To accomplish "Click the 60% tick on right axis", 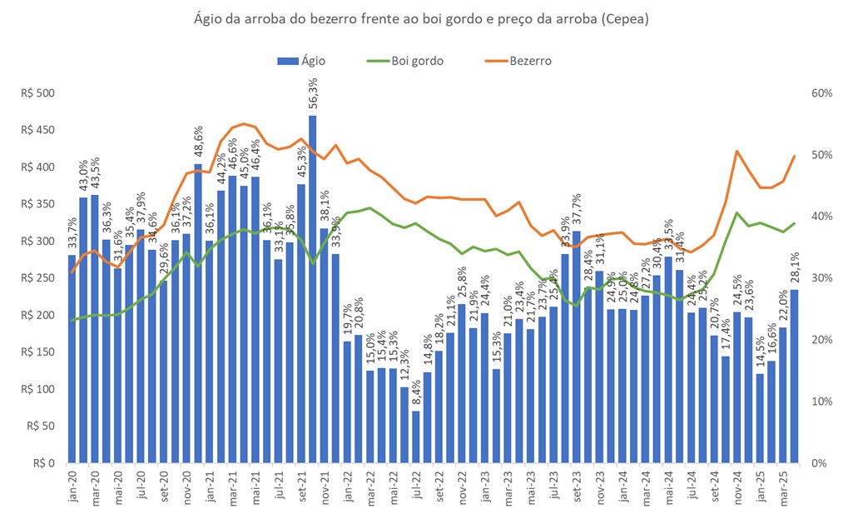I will tap(820, 93).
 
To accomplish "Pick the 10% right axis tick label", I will tap(820, 402).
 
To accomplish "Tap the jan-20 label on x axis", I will tap(72, 487).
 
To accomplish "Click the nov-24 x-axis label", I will tap(736, 487).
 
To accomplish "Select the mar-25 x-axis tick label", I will tap(782, 487).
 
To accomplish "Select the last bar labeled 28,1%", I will tap(794, 376).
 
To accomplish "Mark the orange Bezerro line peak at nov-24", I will tap(737, 152).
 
